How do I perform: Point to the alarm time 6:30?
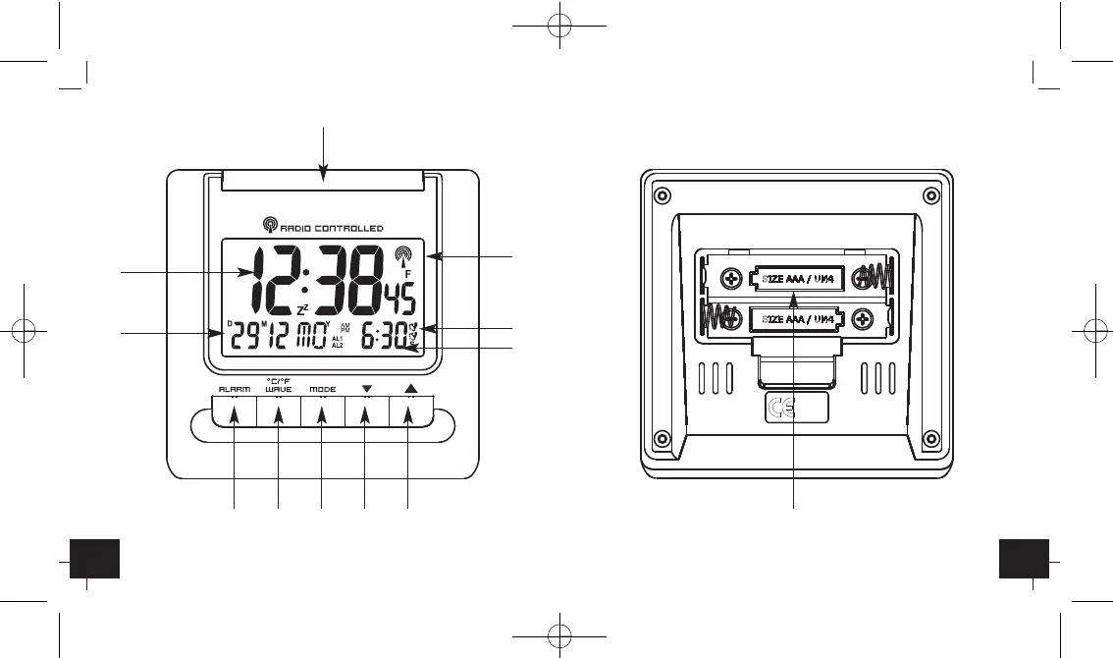383,337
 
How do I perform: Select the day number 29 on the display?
244,337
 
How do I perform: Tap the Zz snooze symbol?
302,309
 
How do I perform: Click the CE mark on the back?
781,410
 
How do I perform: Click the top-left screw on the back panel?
662,192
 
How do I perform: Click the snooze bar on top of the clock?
324,179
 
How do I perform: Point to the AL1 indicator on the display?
337,339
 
